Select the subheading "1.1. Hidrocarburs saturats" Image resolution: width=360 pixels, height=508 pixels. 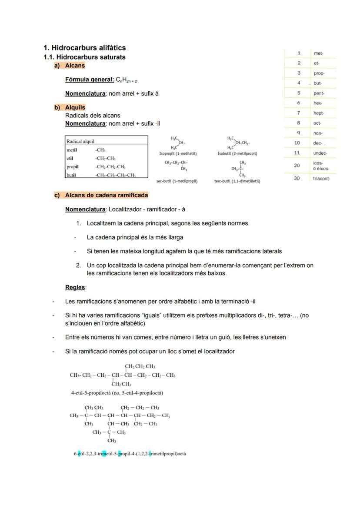(x=84, y=57)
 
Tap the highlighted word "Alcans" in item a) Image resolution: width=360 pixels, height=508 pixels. (x=75, y=66)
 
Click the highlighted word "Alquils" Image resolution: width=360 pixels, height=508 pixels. (x=75, y=107)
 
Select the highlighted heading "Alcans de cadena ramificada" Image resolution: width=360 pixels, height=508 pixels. (x=107, y=195)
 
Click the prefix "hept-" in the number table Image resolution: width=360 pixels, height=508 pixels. (x=319, y=113)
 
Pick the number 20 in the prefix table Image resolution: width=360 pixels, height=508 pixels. (x=297, y=166)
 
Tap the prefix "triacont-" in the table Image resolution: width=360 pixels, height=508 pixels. (x=321, y=179)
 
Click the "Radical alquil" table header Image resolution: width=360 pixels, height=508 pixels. (x=80, y=141)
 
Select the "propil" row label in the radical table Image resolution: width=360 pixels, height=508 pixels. (x=72, y=167)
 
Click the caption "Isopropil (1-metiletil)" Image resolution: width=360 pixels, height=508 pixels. (x=178, y=153)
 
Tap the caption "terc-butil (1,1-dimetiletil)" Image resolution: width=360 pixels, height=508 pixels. (x=237, y=181)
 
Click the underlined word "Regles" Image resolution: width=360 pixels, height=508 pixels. (x=75, y=287)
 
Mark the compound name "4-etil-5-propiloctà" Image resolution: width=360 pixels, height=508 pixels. (x=91, y=393)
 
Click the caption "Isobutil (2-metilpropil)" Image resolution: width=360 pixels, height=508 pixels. (x=237, y=153)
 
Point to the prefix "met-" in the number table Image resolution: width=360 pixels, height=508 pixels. (x=318, y=53)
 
